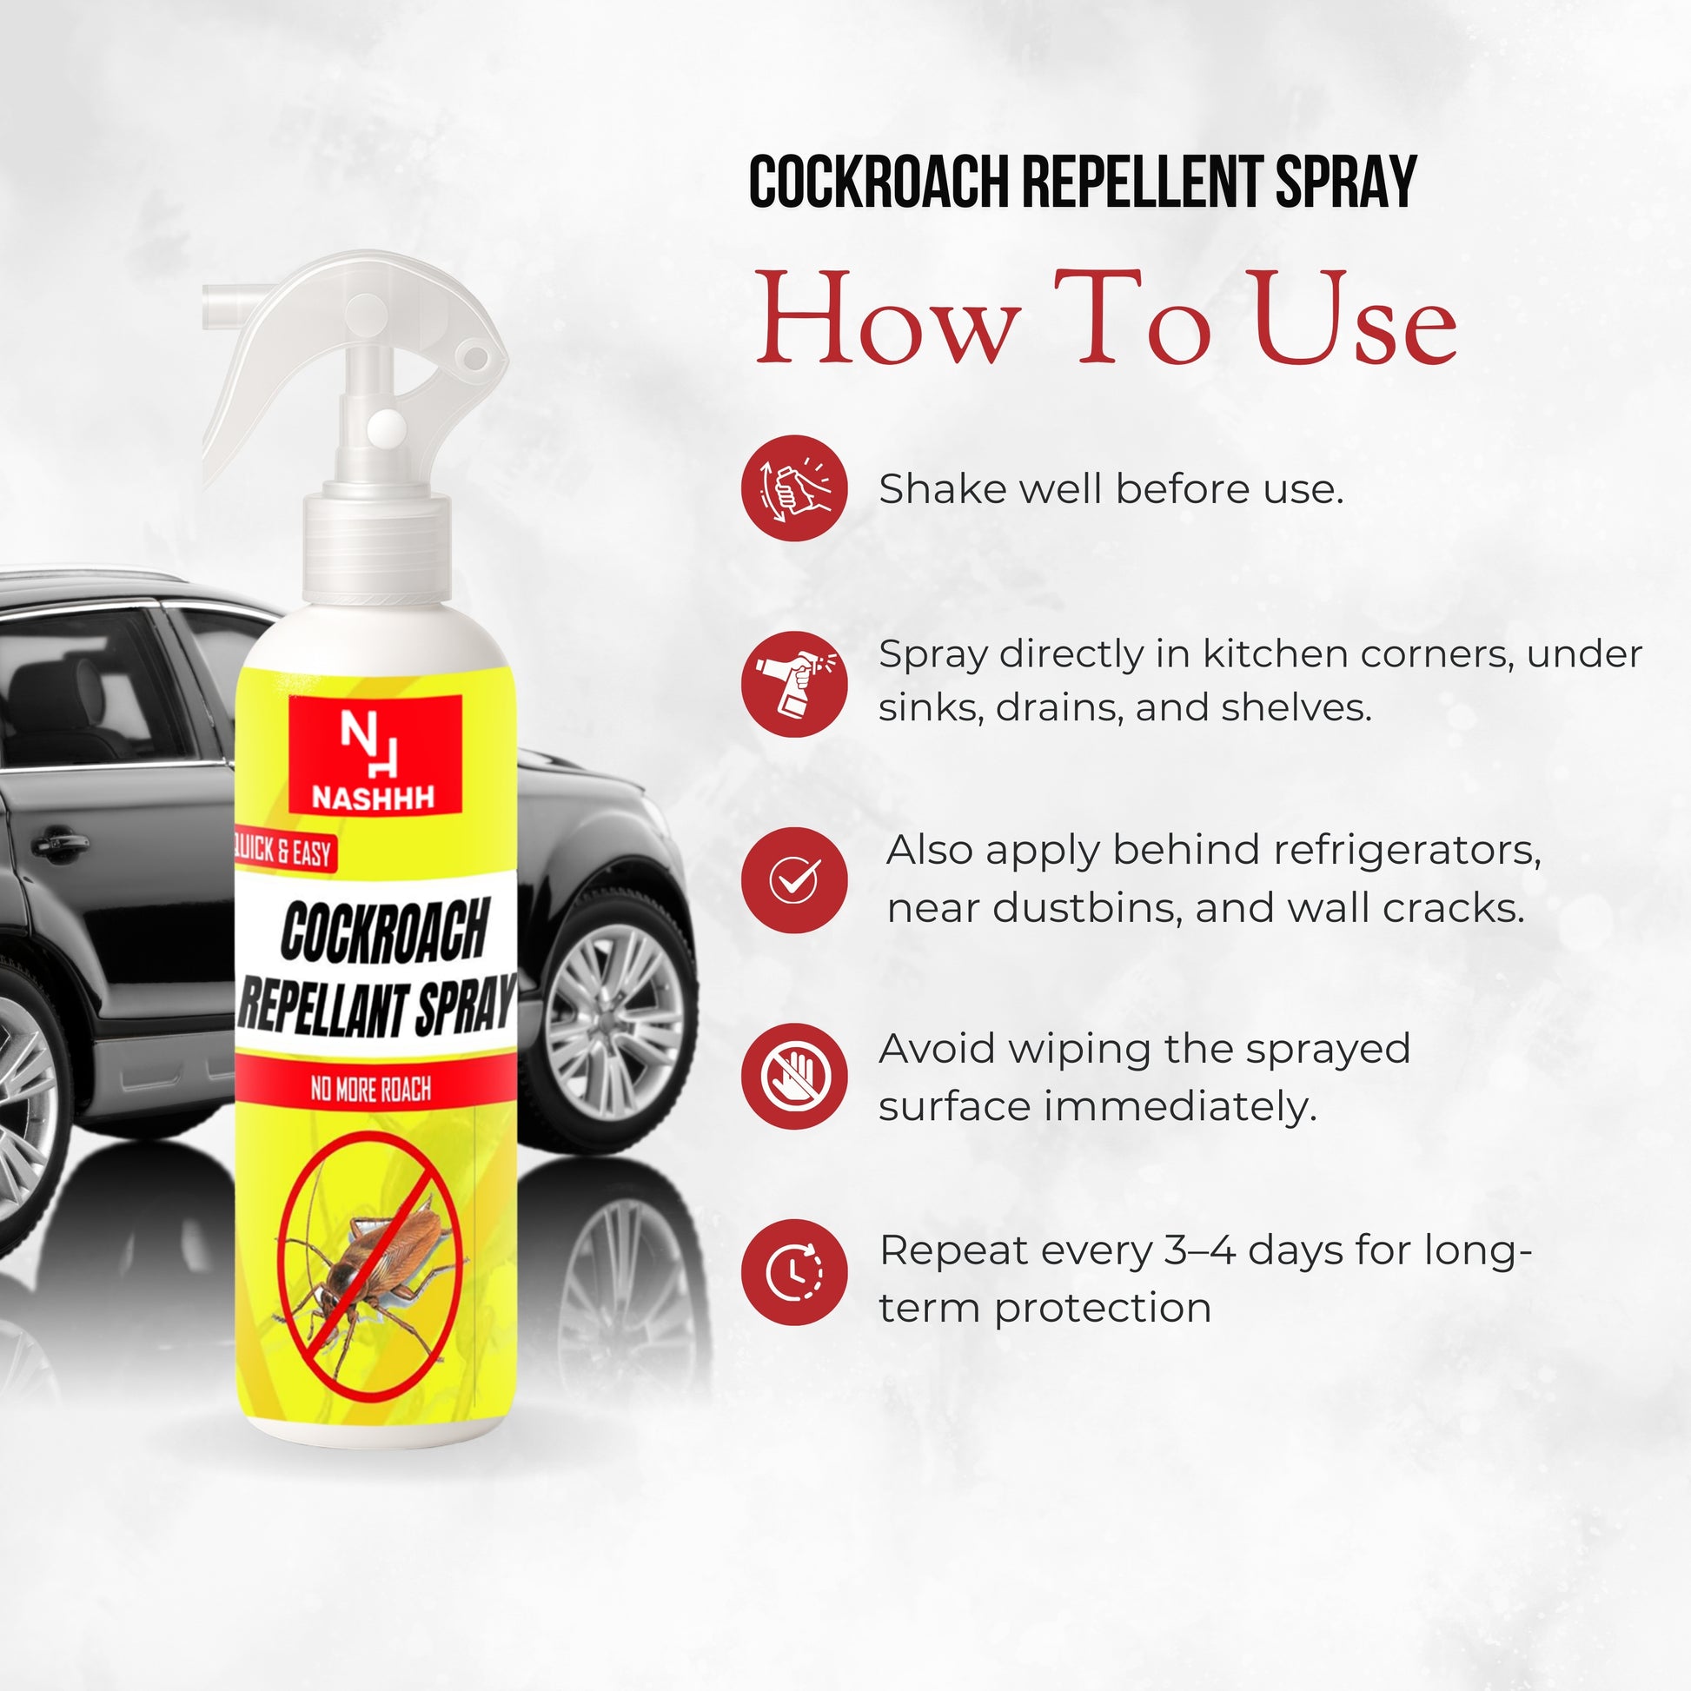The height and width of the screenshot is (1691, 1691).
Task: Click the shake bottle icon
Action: coord(794,487)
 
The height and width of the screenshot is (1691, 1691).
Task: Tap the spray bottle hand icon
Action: coord(794,684)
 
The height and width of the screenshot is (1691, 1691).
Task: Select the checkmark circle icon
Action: coord(794,879)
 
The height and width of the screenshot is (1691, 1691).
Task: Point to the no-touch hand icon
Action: coord(794,1076)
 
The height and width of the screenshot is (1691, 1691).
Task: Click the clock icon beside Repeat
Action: coord(794,1272)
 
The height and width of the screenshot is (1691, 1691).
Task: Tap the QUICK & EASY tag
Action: coord(284,850)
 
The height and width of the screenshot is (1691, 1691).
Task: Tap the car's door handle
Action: coord(59,843)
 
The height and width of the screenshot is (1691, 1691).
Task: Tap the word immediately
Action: coord(1181,1109)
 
